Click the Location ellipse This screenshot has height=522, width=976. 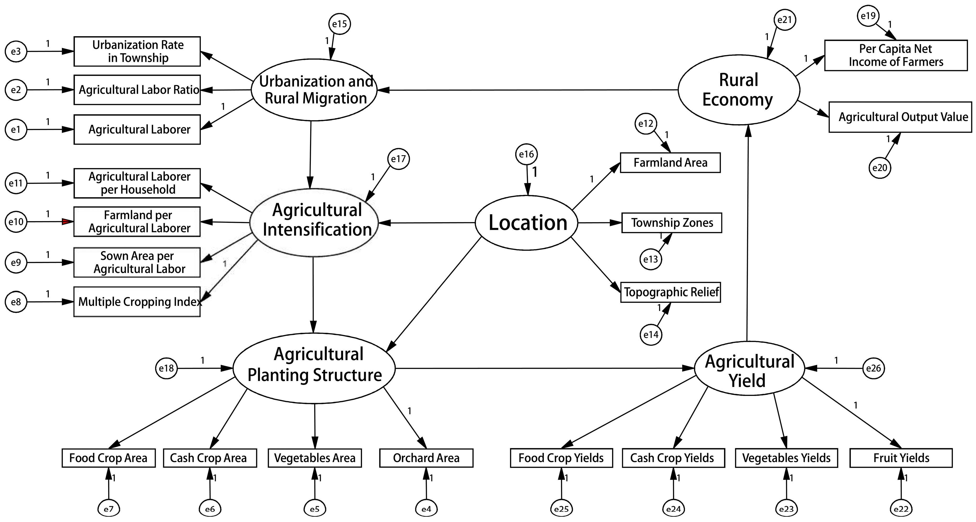527,223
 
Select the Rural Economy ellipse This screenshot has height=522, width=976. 738,90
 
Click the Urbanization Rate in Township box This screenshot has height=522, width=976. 137,51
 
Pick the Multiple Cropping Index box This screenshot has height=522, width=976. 137,302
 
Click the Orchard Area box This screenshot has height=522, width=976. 426,458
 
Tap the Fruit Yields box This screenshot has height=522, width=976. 901,458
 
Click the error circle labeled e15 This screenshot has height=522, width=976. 339,24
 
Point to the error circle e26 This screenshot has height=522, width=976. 874,368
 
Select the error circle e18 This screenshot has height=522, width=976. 166,368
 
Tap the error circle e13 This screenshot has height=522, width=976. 651,259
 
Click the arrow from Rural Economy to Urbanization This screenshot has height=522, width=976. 531,90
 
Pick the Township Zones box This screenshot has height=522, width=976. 672,223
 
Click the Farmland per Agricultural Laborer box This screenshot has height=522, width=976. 137,222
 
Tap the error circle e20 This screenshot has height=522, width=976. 880,168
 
